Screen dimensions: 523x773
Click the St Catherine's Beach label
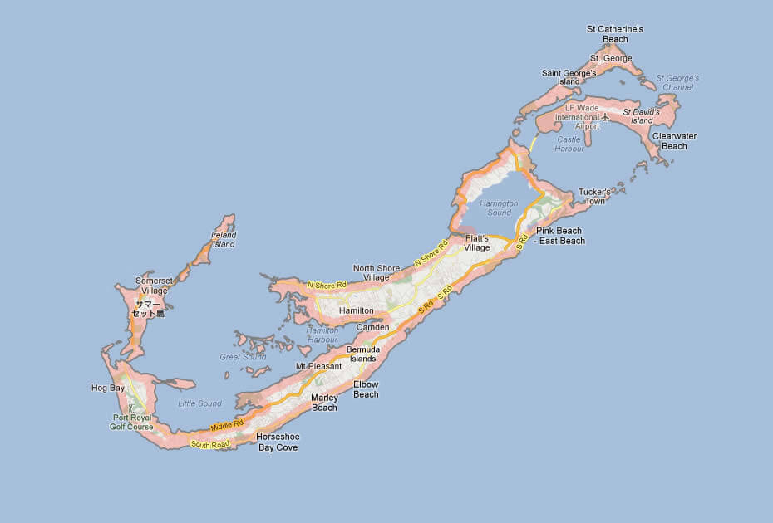pos(614,34)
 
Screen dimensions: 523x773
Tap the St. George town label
pos(611,58)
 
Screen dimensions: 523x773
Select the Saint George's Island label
pos(569,77)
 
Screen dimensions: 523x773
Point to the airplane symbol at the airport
pos(605,117)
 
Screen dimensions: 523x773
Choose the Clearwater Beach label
pos(674,141)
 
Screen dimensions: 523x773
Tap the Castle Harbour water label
pos(569,144)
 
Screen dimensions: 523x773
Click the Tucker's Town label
pos(594,197)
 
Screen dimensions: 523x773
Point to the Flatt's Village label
pos(477,242)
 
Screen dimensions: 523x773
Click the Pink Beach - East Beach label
pos(559,236)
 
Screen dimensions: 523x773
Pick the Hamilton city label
pos(357,310)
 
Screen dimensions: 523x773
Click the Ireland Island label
pos(224,240)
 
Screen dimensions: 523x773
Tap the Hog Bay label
pos(107,388)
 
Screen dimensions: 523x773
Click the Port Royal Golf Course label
pos(131,422)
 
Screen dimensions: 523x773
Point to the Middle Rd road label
pos(227,426)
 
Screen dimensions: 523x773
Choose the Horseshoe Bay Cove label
pos(278,442)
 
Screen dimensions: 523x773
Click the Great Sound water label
pos(242,357)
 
